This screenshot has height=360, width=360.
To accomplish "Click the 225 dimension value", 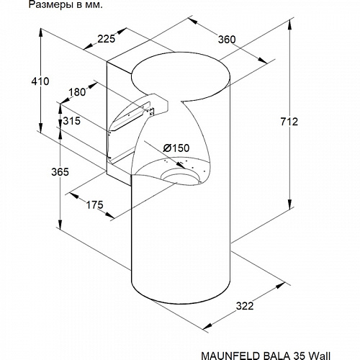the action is click(x=107, y=39).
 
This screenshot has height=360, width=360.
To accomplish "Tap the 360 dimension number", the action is click(x=227, y=40).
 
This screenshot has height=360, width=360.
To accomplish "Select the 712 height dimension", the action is click(x=289, y=122).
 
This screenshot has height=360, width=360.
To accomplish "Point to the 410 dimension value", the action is click(x=40, y=81).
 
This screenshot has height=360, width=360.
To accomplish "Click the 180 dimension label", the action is click(x=77, y=92).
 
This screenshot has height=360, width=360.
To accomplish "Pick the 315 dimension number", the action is click(x=71, y=121).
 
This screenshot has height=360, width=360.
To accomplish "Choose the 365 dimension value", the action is click(x=60, y=172).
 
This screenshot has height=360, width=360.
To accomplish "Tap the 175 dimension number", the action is click(x=94, y=204).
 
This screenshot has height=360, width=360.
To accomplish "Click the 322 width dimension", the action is click(x=245, y=306).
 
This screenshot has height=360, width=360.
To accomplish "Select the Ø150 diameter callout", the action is click(x=176, y=148).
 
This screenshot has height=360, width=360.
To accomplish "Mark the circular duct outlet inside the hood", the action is click(x=181, y=176).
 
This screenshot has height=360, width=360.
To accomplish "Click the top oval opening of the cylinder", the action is click(x=181, y=76).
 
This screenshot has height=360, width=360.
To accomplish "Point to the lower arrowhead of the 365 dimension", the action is click(x=60, y=224).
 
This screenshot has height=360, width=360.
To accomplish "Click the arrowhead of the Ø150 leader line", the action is click(x=181, y=164).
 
